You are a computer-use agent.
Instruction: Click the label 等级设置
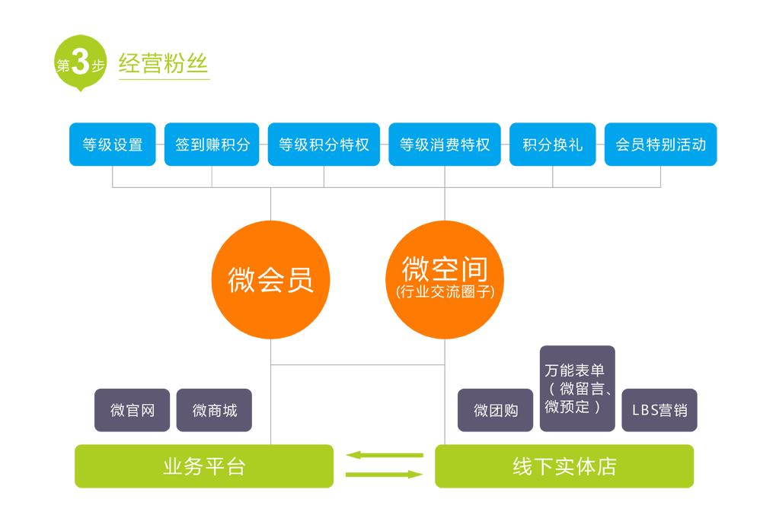[113, 145]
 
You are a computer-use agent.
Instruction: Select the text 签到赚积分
[212, 145]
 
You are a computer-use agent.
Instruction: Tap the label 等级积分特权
[324, 145]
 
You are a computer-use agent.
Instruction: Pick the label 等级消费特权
[445, 145]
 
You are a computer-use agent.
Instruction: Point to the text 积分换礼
[552, 145]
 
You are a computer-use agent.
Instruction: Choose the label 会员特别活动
[660, 145]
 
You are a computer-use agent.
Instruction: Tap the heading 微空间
[445, 269]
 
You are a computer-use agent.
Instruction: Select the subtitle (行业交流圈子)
[445, 291]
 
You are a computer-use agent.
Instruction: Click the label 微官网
[133, 411]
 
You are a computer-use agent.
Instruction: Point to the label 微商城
[215, 411]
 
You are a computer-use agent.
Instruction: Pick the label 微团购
[496, 411]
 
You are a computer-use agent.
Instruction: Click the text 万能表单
[574, 370]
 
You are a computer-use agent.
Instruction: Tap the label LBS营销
[659, 411]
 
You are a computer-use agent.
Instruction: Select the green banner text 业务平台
[204, 466]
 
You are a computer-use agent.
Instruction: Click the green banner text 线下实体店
[564, 466]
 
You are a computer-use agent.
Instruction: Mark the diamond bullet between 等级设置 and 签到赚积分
[160, 144]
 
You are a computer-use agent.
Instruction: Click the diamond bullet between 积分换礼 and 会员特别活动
[600, 144]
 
